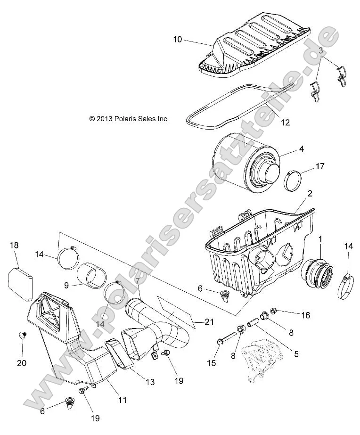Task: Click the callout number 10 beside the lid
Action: [x=177, y=40]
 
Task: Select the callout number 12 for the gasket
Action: [x=285, y=123]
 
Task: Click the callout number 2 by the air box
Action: [x=323, y=193]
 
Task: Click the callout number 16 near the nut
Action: [x=305, y=315]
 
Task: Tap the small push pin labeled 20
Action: [x=22, y=336]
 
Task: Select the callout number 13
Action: [x=150, y=382]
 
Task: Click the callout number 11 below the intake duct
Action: [x=122, y=400]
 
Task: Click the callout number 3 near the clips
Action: [x=320, y=50]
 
